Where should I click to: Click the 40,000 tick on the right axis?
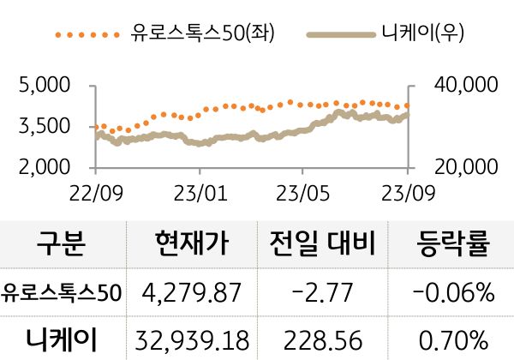pos(468,86)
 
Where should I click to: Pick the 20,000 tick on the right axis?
pos(468,166)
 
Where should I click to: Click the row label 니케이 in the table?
pos(62,339)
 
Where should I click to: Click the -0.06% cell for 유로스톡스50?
pos(453,293)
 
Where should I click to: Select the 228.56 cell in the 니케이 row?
pos(322,339)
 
